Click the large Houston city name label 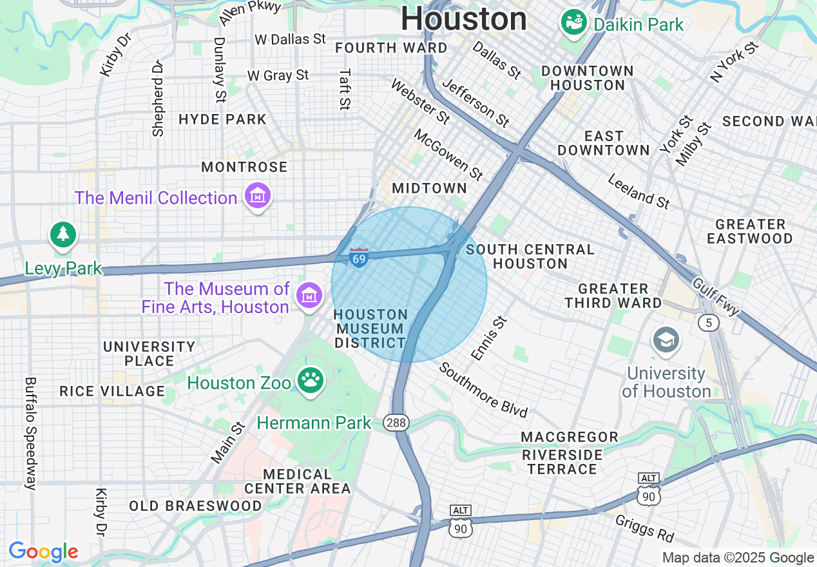[x=464, y=19]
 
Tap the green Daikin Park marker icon [x=573, y=23]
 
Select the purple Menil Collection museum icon [x=258, y=196]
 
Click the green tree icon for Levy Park [x=63, y=235]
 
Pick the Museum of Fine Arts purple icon [x=309, y=296]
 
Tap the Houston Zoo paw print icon [x=311, y=380]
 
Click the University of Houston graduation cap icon [x=666, y=340]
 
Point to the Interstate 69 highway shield [x=359, y=257]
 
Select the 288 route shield [x=396, y=423]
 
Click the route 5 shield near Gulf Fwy [x=709, y=322]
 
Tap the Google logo [x=44, y=552]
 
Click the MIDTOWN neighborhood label [x=429, y=188]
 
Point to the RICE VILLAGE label [x=112, y=391]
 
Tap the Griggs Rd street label [x=644, y=528]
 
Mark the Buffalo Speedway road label [x=30, y=433]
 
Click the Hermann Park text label [x=314, y=423]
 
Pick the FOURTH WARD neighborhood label [x=391, y=48]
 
